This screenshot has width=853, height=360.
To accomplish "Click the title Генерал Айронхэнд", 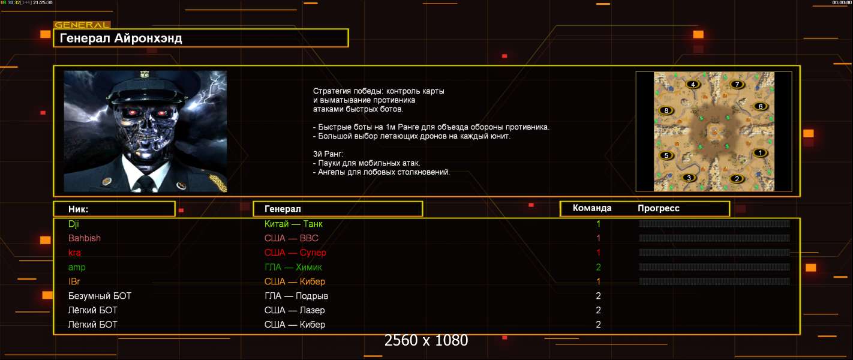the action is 121,38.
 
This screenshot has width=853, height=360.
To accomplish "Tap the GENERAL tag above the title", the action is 82,25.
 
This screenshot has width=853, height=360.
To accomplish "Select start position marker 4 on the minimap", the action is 693,85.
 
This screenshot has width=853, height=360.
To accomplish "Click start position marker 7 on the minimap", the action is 737,84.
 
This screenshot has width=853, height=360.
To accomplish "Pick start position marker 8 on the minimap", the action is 666,110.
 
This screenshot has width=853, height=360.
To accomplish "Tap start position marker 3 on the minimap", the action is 689,178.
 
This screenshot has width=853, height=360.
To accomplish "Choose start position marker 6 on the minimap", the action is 760,106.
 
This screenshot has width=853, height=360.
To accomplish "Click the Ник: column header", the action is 78,209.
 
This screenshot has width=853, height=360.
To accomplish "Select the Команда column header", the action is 592,208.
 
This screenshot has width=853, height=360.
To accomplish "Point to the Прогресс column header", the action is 659,208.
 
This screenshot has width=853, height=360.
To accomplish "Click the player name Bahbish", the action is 85,238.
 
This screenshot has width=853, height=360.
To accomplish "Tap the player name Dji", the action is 74,224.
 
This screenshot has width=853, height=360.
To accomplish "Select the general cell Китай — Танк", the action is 293,224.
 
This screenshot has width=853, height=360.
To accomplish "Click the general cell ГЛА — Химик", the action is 293,267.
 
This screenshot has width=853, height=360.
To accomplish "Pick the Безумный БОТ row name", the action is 100,296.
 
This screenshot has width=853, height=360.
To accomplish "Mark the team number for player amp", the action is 598,267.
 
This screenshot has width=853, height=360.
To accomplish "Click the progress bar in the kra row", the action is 714,252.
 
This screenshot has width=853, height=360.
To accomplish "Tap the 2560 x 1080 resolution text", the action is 426,340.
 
